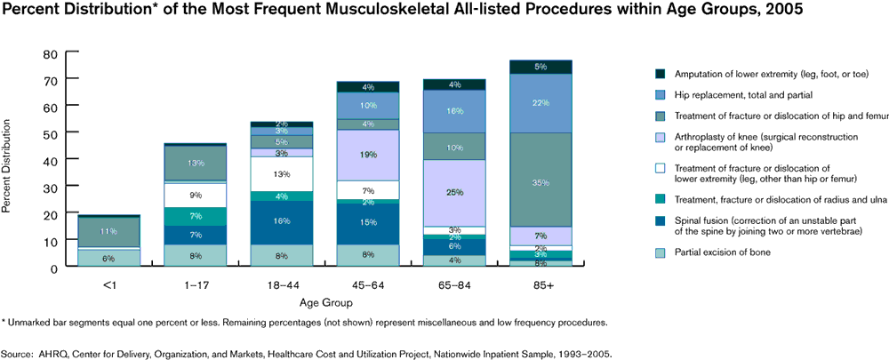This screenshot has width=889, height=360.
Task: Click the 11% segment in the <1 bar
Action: pos(108,231)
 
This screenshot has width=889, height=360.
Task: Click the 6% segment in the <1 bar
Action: pos(108,258)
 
